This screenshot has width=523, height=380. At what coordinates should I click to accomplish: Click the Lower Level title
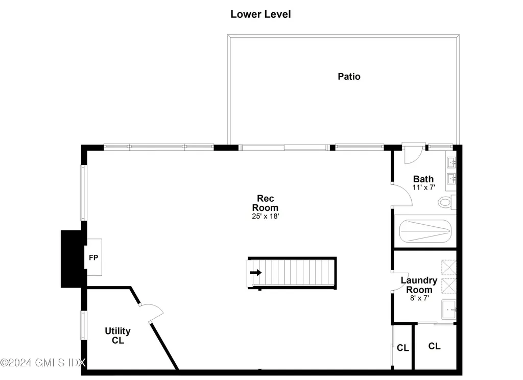260,14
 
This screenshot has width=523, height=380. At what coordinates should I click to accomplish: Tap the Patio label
349,77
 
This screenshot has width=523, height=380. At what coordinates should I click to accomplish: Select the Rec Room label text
268,203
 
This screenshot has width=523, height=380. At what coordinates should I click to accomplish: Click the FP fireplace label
93,257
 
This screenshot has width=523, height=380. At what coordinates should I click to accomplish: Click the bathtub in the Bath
424,232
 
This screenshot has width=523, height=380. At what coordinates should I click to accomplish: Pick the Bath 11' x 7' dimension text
423,187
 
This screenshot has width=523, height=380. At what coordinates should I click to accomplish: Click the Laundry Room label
419,285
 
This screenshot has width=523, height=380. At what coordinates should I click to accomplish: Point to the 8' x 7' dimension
419,298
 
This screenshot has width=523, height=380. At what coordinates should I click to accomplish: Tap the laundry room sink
448,310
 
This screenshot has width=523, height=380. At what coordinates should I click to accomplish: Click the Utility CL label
118,336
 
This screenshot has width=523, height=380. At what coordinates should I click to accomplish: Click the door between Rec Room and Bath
400,195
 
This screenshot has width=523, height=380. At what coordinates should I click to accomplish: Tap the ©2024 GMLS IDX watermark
43,363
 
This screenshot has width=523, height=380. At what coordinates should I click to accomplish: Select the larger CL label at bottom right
434,346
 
